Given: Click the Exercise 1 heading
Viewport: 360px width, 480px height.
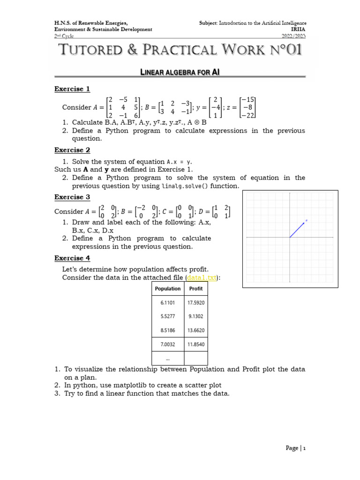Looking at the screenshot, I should [72, 89].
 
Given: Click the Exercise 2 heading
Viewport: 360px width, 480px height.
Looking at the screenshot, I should [72, 150].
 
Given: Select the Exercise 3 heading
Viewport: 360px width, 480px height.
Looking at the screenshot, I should [72, 197].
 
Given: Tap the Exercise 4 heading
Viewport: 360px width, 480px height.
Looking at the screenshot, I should [72, 258].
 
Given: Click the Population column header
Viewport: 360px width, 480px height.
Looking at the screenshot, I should [167, 289].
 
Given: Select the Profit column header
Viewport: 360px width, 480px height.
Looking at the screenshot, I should [195, 289].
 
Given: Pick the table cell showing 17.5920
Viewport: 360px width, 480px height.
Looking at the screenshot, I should [195, 303].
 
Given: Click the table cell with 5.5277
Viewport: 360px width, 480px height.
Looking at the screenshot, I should [167, 316].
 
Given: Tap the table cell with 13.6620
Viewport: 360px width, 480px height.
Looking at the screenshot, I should [195, 330].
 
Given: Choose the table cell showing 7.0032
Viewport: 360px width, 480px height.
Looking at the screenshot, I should [167, 345].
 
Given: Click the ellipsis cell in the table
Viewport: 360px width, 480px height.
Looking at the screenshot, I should [167, 358].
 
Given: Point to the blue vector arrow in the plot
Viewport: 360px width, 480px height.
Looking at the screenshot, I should [298, 229].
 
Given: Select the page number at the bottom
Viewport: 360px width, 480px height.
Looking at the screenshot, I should [295, 448].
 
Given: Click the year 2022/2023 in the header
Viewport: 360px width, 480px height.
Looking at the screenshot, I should [294, 36].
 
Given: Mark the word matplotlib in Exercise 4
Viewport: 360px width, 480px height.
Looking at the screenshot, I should [120, 385].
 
